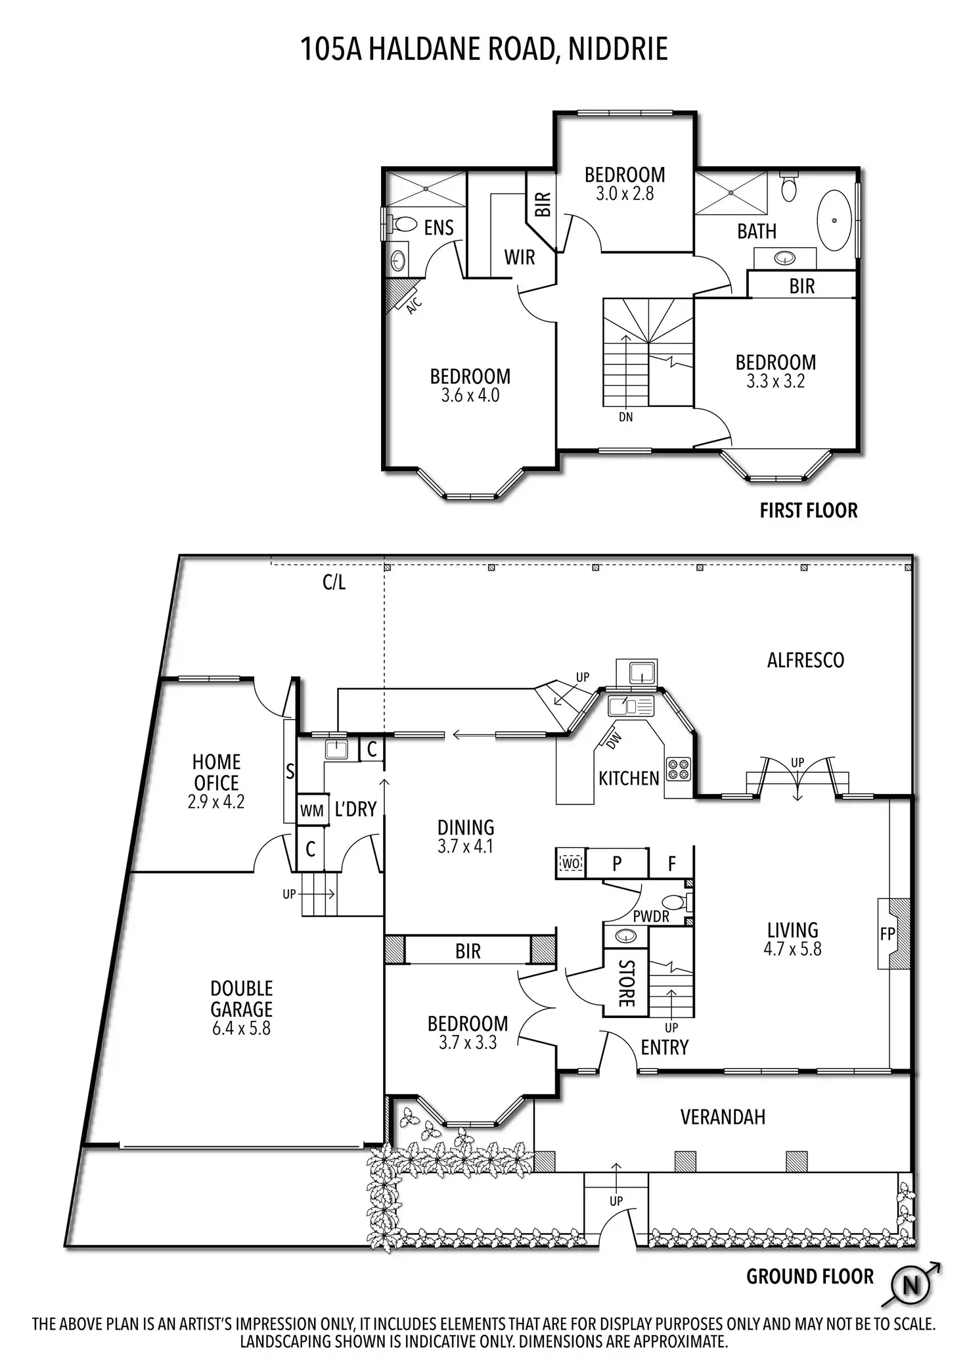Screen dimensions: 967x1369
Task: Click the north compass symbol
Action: [911, 1285]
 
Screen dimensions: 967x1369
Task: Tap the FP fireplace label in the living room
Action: [887, 933]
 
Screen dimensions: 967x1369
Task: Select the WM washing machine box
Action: [312, 810]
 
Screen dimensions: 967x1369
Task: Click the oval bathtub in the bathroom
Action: [834, 221]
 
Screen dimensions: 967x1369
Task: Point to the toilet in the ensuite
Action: [402, 224]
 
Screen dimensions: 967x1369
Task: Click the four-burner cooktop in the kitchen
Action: [679, 768]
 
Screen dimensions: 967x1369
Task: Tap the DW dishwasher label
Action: [612, 741]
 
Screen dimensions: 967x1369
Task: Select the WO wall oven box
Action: [570, 862]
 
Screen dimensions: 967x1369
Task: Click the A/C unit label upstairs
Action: [413, 305]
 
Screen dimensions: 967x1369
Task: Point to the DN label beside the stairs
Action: [625, 417]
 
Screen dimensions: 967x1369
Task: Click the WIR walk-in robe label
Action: [519, 257]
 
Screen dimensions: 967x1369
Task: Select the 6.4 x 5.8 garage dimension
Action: [241, 1029]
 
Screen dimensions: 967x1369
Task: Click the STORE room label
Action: [626, 984]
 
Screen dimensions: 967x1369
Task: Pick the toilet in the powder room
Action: [675, 902]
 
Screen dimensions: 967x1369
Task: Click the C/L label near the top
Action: [334, 582]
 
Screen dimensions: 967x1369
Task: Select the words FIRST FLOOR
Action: [808, 511]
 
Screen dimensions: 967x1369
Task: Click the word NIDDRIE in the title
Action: [618, 49]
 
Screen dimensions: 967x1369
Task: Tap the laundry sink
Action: [337, 749]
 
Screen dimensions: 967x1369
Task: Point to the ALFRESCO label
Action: [805, 660]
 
